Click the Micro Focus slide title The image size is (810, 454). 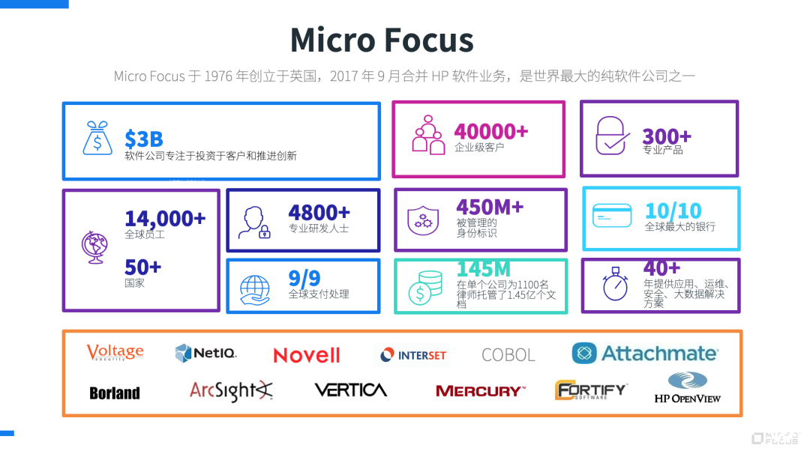(x=382, y=40)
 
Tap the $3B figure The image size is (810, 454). (x=143, y=139)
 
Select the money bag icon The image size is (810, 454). (x=99, y=138)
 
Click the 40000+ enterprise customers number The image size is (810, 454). (x=491, y=131)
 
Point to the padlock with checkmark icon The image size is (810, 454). (x=612, y=136)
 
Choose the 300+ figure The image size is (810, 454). (x=666, y=136)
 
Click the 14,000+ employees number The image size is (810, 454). (x=165, y=218)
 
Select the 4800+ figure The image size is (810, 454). (x=319, y=212)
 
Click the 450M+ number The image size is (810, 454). (x=490, y=206)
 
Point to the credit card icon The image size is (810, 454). (x=612, y=216)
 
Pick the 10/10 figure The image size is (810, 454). (x=673, y=211)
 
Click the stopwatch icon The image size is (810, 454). (x=615, y=285)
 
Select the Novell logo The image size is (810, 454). (x=306, y=355)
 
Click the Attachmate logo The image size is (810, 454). (x=644, y=354)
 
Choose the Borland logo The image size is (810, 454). (x=115, y=393)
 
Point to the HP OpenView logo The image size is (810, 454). (x=687, y=389)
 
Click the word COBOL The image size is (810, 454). (x=508, y=355)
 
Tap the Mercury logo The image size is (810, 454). (x=480, y=391)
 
